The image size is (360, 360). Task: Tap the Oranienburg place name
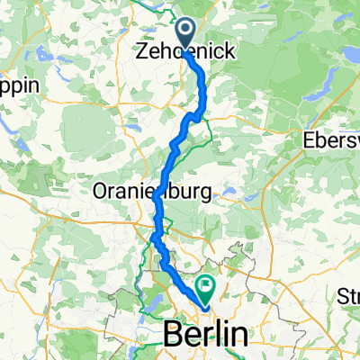(x=151, y=192)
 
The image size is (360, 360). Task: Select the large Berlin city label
(x=207, y=334)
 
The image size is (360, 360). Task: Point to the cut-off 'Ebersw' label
(x=332, y=141)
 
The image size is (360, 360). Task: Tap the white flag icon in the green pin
(x=207, y=287)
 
